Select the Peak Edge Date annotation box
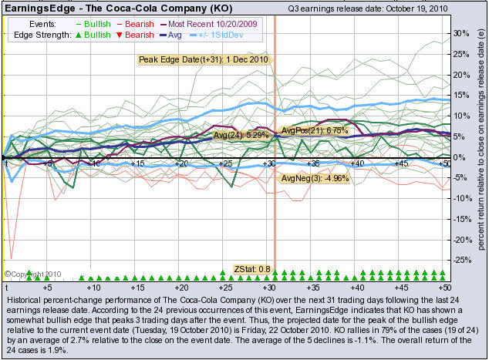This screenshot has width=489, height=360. tap(203, 59)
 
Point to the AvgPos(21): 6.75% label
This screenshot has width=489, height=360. tap(315, 130)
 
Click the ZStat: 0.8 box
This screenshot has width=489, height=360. tap(252, 269)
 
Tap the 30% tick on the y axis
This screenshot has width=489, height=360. tap(462, 34)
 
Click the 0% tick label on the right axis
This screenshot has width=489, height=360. tap(459, 157)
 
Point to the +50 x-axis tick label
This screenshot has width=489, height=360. tap(443, 163)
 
